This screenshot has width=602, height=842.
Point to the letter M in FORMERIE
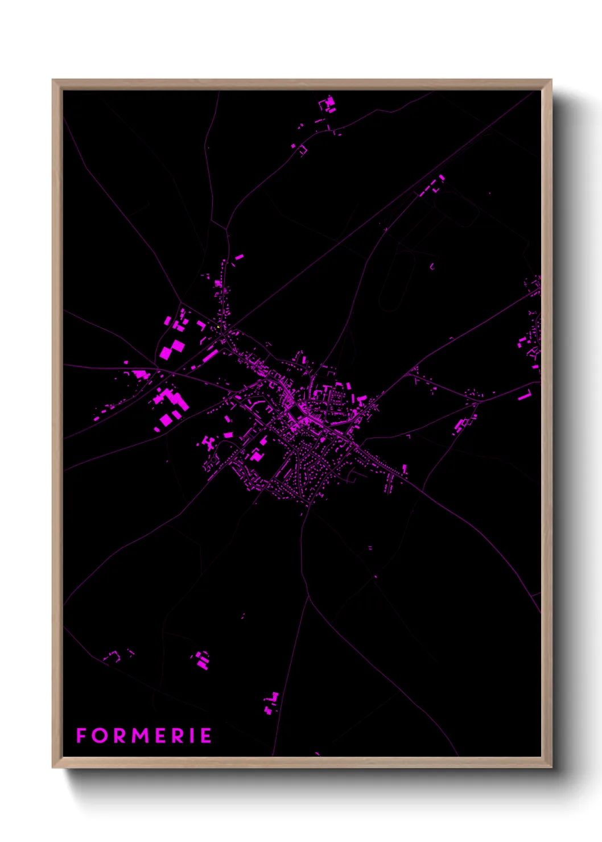pyautogui.click(x=139, y=736)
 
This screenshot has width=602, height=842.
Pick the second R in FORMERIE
pyautogui.click(x=177, y=736)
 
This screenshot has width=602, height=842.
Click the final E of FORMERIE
pyautogui.click(x=205, y=736)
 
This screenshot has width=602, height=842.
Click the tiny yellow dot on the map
pyautogui.click(x=218, y=327)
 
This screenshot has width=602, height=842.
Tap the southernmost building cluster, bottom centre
pyautogui.click(x=271, y=703)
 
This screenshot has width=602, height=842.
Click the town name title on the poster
pyautogui.click(x=143, y=736)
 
